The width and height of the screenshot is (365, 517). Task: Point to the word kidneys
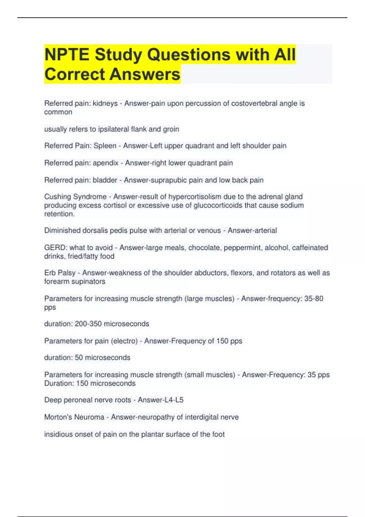(105, 103)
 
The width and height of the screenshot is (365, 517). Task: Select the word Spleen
(105, 146)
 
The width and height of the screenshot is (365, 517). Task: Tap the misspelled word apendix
(106, 163)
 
